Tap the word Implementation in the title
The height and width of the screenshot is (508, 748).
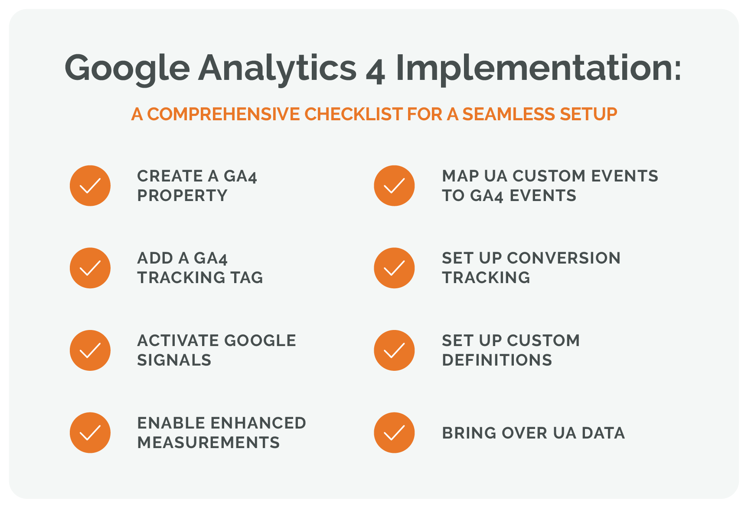539,68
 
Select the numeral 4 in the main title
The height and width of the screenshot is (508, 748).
375,71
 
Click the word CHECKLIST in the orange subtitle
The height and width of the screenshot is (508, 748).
353,114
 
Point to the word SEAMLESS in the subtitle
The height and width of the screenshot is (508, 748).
508,114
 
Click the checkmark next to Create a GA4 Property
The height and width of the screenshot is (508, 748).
90,186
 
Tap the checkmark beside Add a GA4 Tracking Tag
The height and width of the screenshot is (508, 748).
90,268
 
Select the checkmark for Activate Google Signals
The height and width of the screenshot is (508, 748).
90,350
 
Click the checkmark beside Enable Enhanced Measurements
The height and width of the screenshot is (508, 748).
90,433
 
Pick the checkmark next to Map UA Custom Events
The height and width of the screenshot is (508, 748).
394,186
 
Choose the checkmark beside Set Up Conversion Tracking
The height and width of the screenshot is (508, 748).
394,268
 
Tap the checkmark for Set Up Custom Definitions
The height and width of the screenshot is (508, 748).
394,350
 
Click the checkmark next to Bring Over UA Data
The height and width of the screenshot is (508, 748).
394,433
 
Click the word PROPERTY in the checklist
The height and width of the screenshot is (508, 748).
182,196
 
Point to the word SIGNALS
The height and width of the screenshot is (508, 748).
174,360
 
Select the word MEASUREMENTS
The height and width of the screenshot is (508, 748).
209,443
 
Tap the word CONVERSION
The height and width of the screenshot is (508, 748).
564,258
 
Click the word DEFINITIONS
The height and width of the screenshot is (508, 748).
497,360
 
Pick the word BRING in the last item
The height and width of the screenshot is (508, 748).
469,433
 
